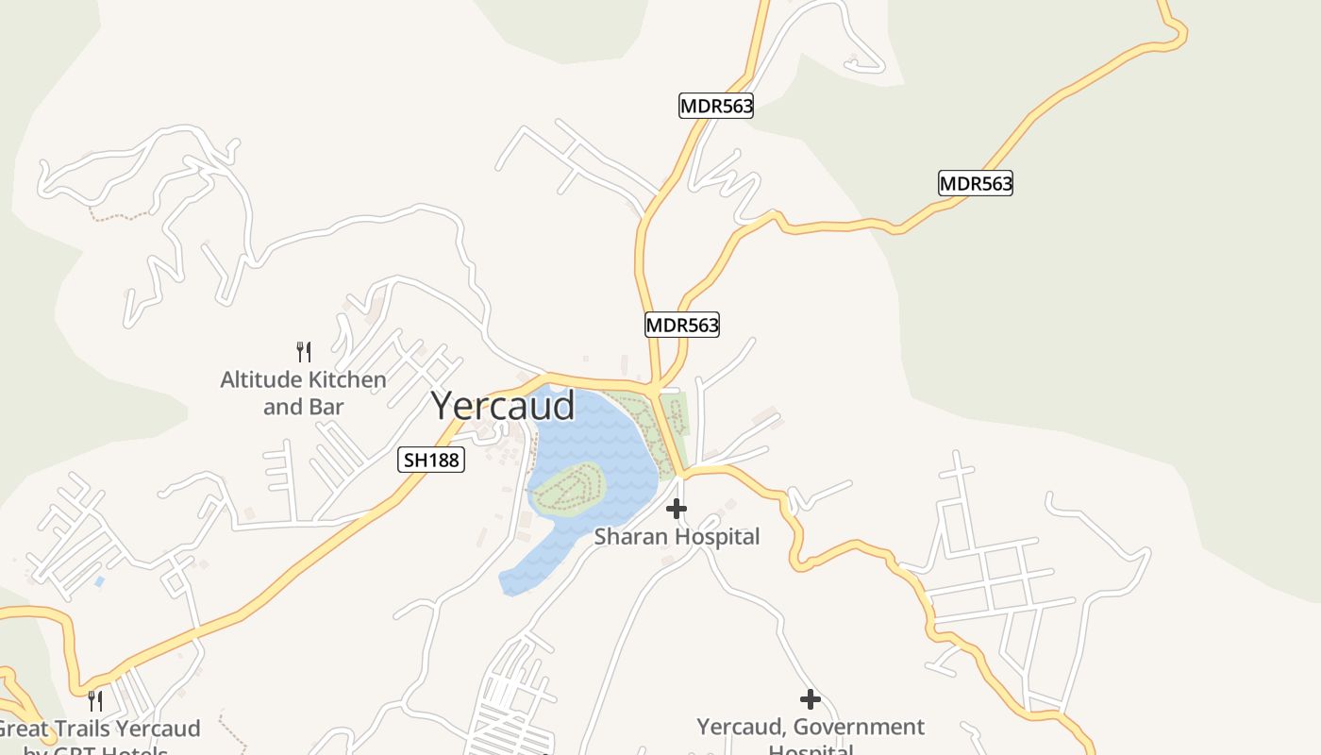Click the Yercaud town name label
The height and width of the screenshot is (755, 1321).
(502, 406)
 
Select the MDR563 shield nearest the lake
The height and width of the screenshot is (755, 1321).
(682, 326)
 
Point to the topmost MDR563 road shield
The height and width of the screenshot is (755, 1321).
(716, 106)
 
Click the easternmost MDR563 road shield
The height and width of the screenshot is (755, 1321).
(975, 183)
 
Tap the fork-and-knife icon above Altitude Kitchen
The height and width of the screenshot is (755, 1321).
(304, 352)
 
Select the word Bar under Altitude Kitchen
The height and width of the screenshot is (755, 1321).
(326, 408)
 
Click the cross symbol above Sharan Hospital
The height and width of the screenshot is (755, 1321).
(676, 510)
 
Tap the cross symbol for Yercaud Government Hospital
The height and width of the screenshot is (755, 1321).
(810, 699)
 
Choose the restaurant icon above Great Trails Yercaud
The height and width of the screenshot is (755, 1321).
(94, 700)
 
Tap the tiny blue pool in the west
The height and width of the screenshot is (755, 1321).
(99, 581)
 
